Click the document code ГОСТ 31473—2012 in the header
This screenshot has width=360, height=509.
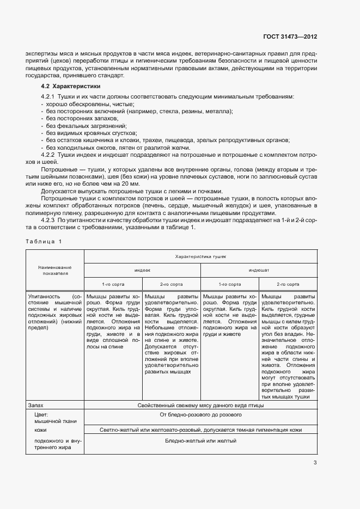(289, 37)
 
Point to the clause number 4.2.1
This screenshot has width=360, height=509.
(50, 96)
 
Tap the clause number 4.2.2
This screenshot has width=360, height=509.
(50, 155)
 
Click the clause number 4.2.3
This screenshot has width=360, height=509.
(50, 220)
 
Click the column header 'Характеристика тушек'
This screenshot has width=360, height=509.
(200, 255)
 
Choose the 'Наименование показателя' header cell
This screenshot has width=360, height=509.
(54, 271)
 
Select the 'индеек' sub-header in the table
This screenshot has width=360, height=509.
(142, 269)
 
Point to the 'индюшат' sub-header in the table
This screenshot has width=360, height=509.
(259, 269)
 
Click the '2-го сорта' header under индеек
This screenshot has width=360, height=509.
(171, 284)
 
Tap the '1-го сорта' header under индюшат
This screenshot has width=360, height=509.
(229, 284)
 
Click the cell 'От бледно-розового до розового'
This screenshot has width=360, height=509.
(200, 415)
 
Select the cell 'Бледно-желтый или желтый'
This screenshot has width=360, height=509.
(200, 440)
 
